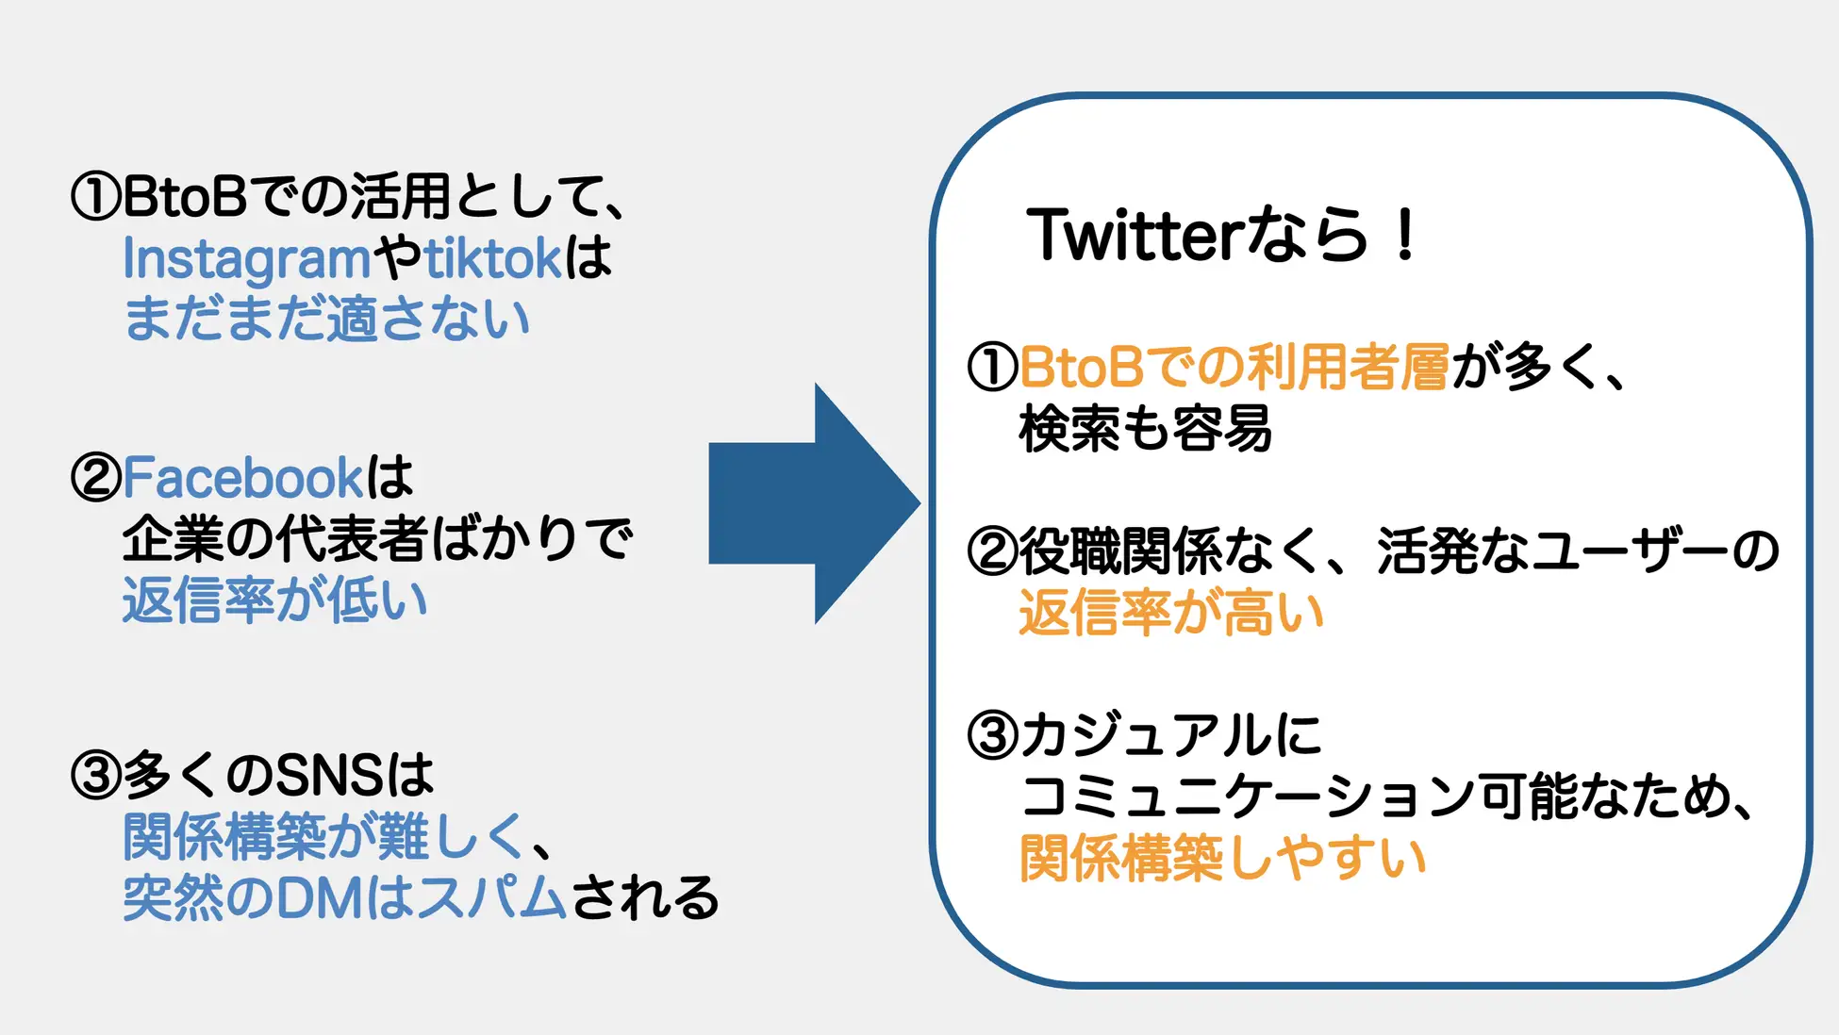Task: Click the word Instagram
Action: pos(247,258)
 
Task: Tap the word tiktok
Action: pos(493,258)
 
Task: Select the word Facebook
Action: pos(242,477)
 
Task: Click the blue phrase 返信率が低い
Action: pos(274,600)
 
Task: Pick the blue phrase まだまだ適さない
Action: pos(326,319)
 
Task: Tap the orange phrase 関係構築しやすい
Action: pos(1222,858)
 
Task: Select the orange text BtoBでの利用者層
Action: pos(1234,368)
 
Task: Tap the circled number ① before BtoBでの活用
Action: pos(95,197)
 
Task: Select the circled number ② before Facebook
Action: pos(95,477)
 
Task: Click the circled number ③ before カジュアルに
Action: pos(992,735)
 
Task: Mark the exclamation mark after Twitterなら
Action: pos(1404,235)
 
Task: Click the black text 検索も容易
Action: pos(1145,429)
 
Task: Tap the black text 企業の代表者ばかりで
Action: pos(377,538)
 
